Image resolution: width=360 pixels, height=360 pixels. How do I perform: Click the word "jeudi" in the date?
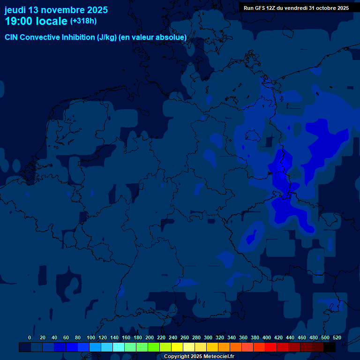pos(15,10)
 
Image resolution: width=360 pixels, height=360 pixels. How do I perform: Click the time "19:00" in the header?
pos(19,21)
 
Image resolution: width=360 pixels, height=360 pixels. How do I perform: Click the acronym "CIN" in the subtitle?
pos(12,37)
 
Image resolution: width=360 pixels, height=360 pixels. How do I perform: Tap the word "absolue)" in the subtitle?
pos(172,37)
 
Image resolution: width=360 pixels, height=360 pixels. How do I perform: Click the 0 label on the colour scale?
pos(30,337)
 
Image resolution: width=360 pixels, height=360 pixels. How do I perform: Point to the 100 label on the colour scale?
pos(91,337)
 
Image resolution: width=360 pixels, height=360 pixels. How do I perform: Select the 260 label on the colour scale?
pos(185,337)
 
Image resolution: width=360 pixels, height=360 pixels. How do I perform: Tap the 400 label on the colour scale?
pos(267,337)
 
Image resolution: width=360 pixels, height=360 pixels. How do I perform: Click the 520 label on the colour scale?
pos(337,337)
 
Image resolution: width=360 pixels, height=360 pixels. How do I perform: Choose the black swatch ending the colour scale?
pos(330,347)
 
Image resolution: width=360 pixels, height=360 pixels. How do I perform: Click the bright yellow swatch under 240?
pos(177,347)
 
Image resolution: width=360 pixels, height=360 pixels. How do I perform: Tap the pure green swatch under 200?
pos(154,347)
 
